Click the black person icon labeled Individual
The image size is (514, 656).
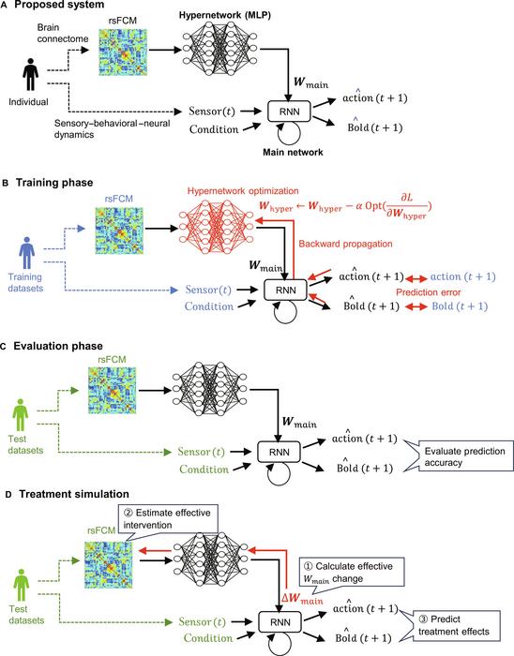pos(30,74)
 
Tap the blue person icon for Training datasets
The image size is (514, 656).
pos(26,253)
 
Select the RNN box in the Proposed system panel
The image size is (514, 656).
pos(289,112)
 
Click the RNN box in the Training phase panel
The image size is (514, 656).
pos(286,290)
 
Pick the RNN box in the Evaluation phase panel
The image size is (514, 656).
pos(280,452)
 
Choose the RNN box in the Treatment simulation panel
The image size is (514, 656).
pos(280,621)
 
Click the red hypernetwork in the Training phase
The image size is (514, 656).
pos(216,227)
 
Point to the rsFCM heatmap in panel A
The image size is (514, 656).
pos(123,52)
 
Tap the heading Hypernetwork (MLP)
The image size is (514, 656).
pos(225,15)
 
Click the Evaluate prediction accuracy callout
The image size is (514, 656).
pos(464,456)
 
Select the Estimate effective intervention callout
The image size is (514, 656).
pos(168,519)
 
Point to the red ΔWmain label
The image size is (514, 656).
pos(302,599)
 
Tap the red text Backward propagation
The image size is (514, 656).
pos(345,244)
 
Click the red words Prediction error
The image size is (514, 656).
pos(429,292)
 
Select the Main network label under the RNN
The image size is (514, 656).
pos(293,152)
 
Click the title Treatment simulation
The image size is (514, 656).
pos(74,494)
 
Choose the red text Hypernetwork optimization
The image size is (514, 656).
pos(243,191)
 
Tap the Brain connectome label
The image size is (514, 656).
pos(63,33)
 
